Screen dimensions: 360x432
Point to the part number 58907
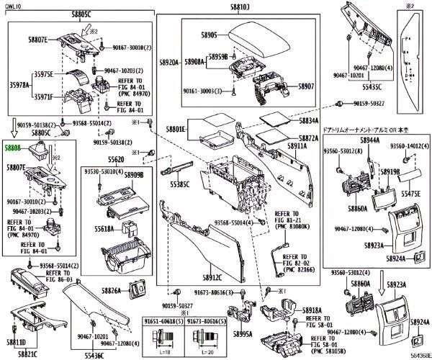point(307,86)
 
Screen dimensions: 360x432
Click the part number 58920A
point(168,63)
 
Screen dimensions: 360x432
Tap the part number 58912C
point(213,276)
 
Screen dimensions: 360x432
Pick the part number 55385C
point(179,185)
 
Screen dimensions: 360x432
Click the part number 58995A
point(242,334)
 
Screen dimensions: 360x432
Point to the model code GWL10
point(14,5)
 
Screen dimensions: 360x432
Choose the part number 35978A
point(18,85)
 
